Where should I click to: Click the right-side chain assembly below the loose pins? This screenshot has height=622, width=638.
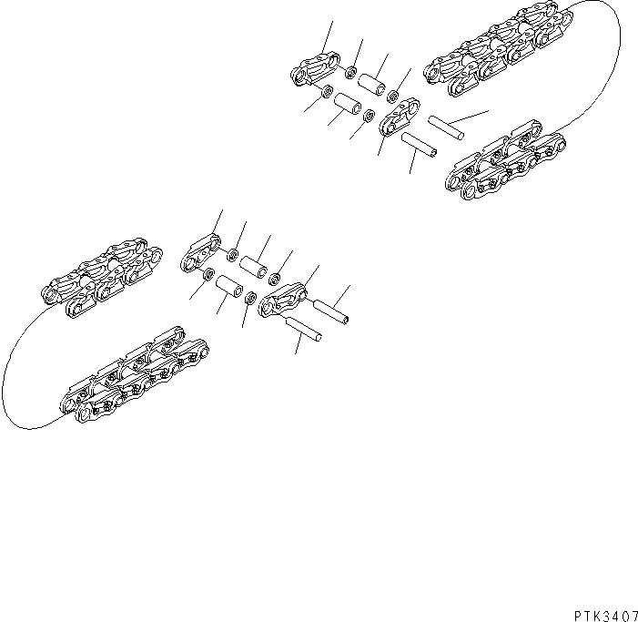(x=506, y=164)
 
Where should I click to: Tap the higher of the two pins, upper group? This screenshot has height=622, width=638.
(x=447, y=127)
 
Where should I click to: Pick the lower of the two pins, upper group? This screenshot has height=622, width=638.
(x=420, y=144)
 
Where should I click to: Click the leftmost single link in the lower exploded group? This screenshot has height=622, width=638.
(x=199, y=251)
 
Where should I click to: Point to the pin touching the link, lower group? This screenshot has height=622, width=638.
(x=331, y=310)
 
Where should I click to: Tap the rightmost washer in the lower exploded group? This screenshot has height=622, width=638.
(x=276, y=277)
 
